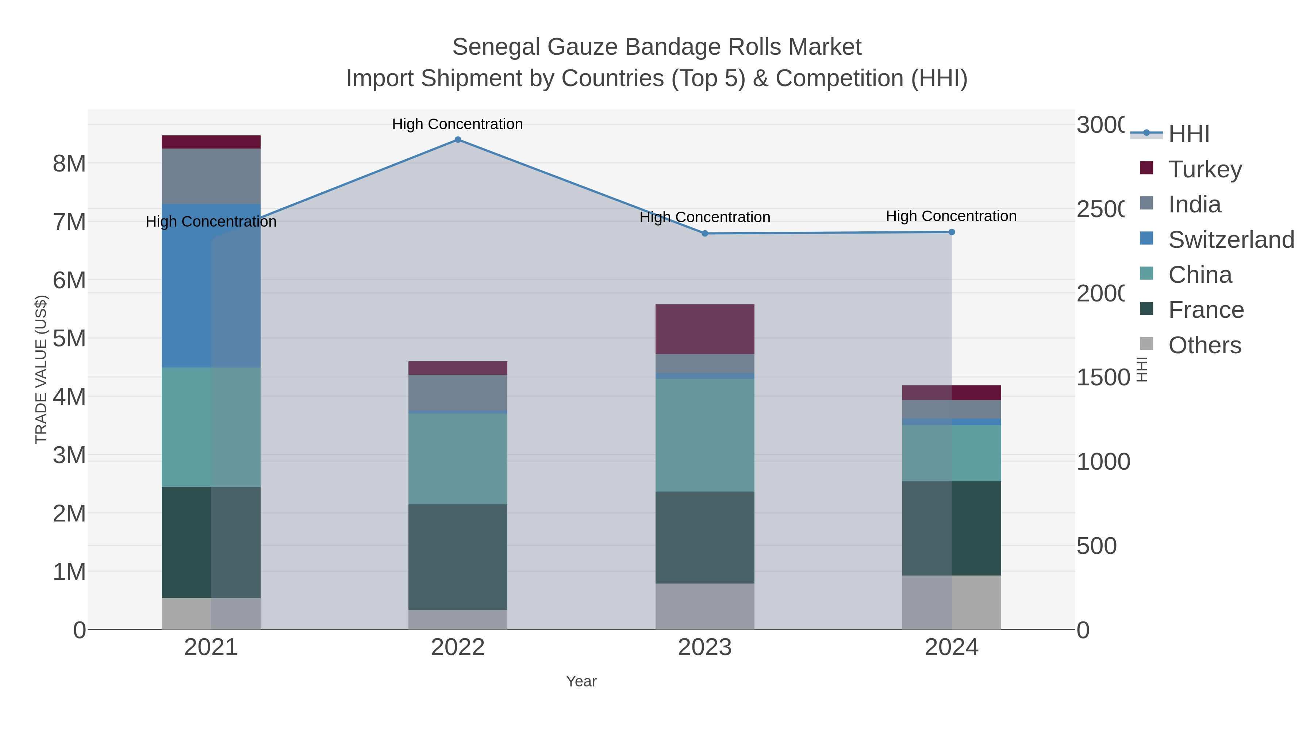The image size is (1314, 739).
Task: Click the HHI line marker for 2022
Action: point(458,140)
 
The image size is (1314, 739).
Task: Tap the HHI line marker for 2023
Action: point(704,234)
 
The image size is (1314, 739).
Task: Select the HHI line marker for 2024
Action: point(951,232)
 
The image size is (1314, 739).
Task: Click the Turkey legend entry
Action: point(1205,169)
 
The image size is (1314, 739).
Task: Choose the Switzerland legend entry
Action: point(1231,240)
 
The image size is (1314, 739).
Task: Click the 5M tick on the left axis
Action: point(69,339)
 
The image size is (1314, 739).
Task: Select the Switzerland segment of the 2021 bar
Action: point(211,286)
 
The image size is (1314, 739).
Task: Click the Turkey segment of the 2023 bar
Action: point(704,329)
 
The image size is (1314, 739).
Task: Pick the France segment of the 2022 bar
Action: point(458,557)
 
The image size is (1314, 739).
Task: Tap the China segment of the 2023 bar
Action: point(704,435)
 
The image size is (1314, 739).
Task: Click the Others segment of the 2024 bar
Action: point(951,602)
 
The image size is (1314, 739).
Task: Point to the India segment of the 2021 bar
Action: point(211,176)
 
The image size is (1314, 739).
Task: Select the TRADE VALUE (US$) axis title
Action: point(41,369)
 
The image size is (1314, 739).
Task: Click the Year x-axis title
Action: point(581,681)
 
